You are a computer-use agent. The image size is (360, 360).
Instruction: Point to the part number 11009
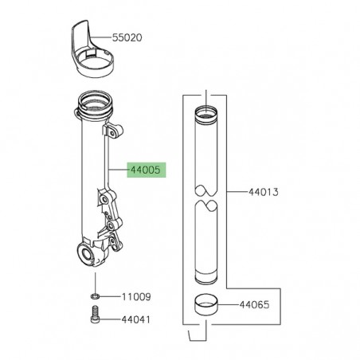[135, 296]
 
